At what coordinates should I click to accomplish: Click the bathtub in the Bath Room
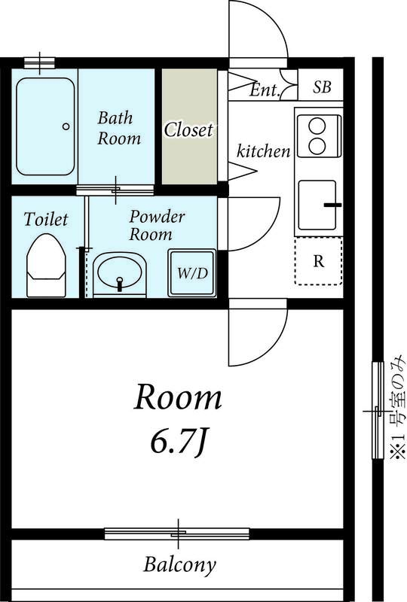click(x=45, y=126)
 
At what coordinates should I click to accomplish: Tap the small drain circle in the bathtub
click(x=66, y=126)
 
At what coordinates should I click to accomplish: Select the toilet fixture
click(x=46, y=266)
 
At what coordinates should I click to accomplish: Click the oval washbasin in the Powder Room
click(x=120, y=272)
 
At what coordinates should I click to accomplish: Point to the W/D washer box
click(x=192, y=272)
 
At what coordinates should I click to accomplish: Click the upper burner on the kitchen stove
click(x=318, y=126)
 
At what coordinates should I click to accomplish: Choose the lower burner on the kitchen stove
click(x=318, y=145)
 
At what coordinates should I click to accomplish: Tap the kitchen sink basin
click(x=317, y=205)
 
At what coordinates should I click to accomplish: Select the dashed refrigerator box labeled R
click(x=319, y=261)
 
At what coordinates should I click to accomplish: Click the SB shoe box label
click(x=322, y=87)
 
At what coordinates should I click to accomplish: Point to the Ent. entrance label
click(x=264, y=90)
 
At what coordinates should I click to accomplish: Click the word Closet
click(x=188, y=129)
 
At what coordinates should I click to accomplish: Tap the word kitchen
click(x=263, y=151)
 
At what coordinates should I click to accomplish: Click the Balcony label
click(x=179, y=565)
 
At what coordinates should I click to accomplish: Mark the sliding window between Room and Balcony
click(x=177, y=534)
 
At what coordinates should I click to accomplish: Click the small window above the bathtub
click(x=39, y=62)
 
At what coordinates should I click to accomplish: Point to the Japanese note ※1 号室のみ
click(x=398, y=407)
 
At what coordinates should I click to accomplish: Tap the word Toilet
click(x=46, y=219)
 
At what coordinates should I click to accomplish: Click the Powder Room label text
click(x=156, y=226)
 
